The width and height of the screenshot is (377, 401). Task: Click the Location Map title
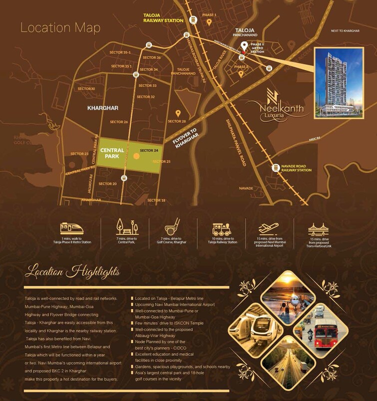[x=60, y=27]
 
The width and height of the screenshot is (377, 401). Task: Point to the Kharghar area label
[x=102, y=108]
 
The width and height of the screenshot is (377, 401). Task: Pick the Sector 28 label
[x=177, y=122]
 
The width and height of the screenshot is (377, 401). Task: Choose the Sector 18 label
[x=156, y=200]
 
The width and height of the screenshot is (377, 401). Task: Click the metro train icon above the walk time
[x=72, y=228]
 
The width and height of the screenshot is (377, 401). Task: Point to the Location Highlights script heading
[x=72, y=272]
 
